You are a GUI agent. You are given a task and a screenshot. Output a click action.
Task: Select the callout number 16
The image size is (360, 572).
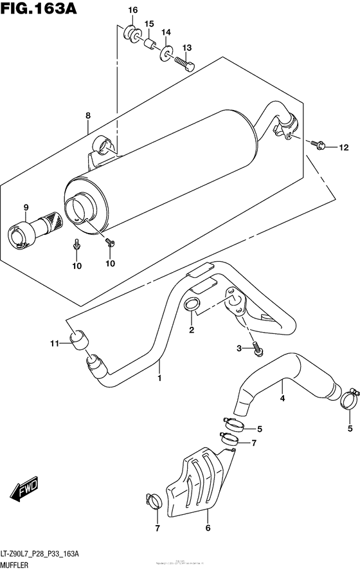(132, 10)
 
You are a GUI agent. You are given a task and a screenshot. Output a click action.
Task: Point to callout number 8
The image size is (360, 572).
(88, 116)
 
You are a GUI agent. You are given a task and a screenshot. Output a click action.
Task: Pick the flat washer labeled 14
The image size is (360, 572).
(165, 52)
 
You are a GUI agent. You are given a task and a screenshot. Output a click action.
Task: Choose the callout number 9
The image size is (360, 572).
(26, 207)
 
